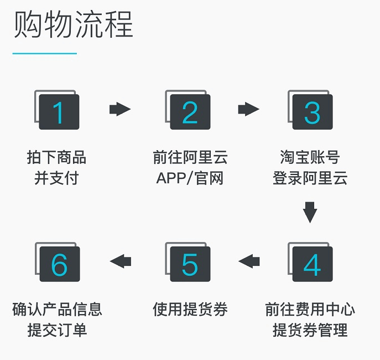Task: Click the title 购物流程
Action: coord(73,24)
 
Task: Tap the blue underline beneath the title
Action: coord(45,53)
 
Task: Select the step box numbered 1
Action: coord(57,110)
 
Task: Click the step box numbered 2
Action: coord(188,110)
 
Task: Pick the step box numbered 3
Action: coord(310,110)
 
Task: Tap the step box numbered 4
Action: coord(310,262)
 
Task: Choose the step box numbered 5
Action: coord(188,262)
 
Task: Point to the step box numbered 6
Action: coord(58,262)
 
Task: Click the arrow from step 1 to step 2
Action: coord(120,109)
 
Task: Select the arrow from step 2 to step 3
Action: coord(249,109)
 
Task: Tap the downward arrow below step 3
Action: coord(310,212)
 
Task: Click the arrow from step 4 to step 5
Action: coord(249,261)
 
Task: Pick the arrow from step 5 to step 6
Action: coord(121,261)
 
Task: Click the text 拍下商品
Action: coord(56,157)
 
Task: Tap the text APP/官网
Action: coord(190,178)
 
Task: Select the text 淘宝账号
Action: coord(310,157)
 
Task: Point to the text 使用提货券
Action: coord(190,309)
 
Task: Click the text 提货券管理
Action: coord(310,330)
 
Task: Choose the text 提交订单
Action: coord(57,330)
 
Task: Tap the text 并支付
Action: coord(56,178)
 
